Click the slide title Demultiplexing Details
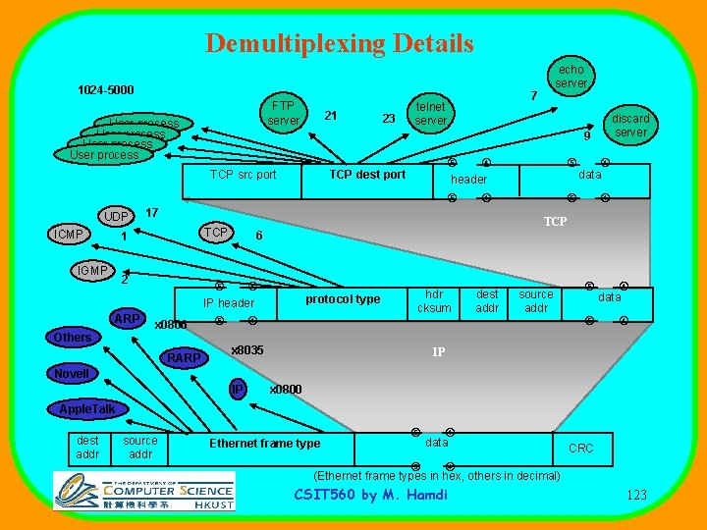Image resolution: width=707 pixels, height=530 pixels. (x=340, y=43)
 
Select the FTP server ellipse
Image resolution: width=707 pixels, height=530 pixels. (x=283, y=113)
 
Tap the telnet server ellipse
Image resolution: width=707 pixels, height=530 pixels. (x=430, y=114)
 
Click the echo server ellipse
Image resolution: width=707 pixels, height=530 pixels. (x=571, y=77)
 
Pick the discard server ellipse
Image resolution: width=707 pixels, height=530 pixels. (x=630, y=126)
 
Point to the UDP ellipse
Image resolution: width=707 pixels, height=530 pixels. (x=117, y=217)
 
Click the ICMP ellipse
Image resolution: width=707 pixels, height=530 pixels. (x=68, y=235)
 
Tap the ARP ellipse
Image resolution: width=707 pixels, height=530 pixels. (x=127, y=319)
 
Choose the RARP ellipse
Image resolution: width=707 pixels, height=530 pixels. (x=184, y=358)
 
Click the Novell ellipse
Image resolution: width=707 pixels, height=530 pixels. (x=72, y=374)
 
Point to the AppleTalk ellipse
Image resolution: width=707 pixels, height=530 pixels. (x=87, y=408)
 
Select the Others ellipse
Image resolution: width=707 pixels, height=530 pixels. (x=73, y=338)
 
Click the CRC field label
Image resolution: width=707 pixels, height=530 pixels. (x=581, y=449)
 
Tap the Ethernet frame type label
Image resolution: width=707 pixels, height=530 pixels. (x=264, y=444)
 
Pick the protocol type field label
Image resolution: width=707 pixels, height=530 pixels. (x=343, y=299)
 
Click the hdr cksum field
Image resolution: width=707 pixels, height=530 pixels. (x=434, y=301)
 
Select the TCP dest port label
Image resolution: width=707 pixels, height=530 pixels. (x=367, y=175)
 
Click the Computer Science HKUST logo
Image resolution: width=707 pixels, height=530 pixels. (x=144, y=490)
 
